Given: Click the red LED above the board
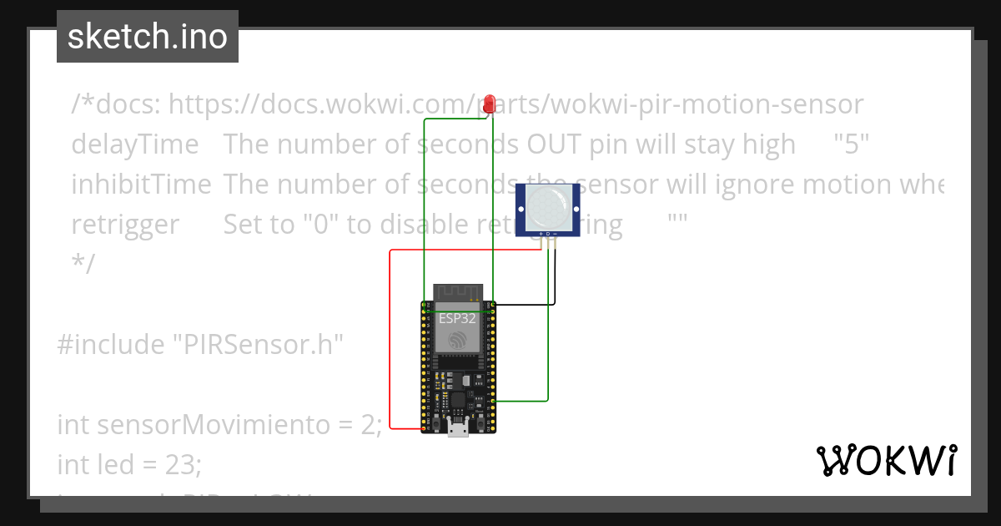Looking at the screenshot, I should (x=490, y=104).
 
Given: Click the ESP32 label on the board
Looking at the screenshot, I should (x=457, y=317).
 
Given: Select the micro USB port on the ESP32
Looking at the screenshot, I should (x=457, y=428).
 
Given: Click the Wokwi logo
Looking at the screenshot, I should (x=886, y=460).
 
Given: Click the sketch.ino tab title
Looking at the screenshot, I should (x=148, y=37).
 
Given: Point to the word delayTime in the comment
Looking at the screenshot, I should (x=135, y=144).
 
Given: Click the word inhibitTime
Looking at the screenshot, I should (x=141, y=184).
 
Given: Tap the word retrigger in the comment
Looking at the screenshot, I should (x=125, y=224).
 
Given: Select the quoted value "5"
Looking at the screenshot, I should (x=852, y=144).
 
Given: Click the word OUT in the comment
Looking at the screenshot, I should (x=556, y=144).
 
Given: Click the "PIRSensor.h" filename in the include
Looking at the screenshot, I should (x=258, y=344).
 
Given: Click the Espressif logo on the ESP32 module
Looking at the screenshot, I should (x=457, y=340).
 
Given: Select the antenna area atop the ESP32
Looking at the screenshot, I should (x=457, y=294).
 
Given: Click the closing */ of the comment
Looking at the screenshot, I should (x=83, y=264).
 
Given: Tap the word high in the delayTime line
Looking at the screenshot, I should (x=768, y=144).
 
